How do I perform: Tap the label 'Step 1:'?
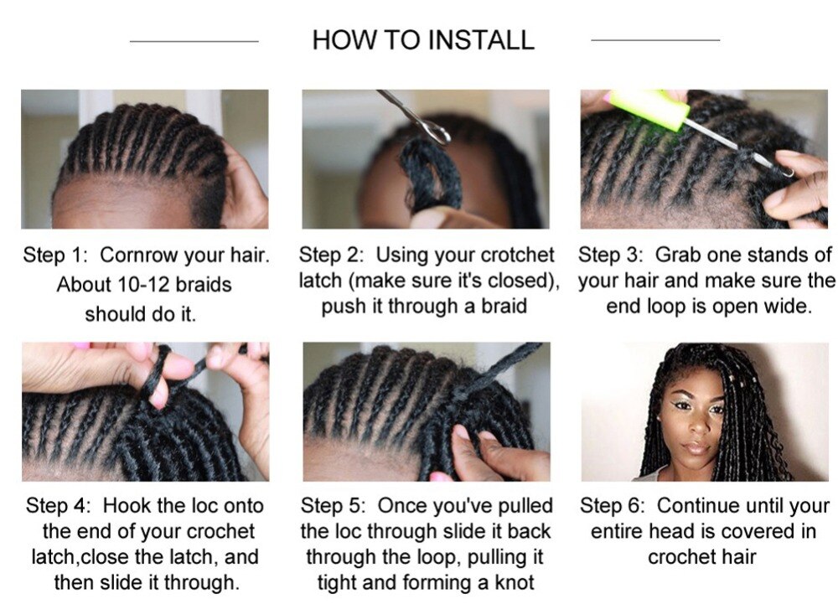coord(55,256)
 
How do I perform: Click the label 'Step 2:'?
coord(331,256)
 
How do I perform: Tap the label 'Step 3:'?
coord(610,256)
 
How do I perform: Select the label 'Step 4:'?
coord(59,506)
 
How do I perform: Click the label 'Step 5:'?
coord(333,506)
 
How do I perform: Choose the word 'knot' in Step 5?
coord(515,583)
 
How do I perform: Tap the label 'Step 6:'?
coord(613,506)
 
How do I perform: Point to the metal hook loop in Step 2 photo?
coord(437,133)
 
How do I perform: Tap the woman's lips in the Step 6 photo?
coord(696,447)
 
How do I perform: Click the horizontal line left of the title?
coord(194,40)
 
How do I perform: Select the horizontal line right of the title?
coord(655,39)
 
